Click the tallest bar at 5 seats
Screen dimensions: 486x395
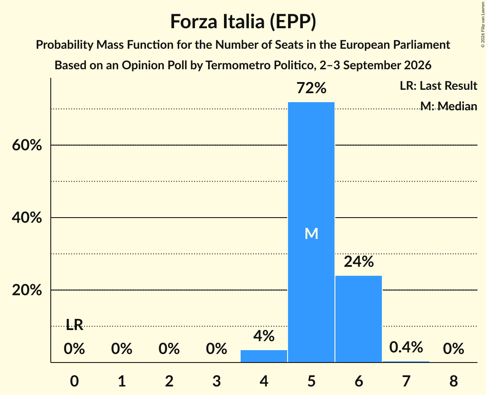point(311,232)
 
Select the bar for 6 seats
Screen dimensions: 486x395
point(358,319)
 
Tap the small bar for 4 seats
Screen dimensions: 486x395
point(264,356)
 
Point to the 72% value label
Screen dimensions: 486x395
point(311,88)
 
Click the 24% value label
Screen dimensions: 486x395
point(358,262)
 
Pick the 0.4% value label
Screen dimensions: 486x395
point(406,347)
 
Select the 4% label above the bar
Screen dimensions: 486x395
point(264,336)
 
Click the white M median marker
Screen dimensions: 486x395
point(311,233)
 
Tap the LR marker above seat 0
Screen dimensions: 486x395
point(74,325)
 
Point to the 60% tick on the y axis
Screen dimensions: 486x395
point(26,145)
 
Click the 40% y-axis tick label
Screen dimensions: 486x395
point(26,218)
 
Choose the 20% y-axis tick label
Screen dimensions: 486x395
point(26,290)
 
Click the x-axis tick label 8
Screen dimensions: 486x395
point(454,381)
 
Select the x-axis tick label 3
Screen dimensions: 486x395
point(216,381)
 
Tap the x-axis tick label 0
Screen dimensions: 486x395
point(74,381)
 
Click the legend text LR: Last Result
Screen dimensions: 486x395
point(438,85)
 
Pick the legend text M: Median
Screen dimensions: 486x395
point(448,106)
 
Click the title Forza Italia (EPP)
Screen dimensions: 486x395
point(243,22)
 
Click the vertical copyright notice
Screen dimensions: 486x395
point(483,24)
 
